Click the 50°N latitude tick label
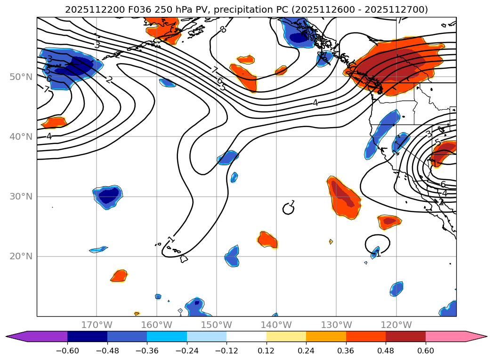pos(21,77)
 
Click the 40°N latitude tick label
pos(21,136)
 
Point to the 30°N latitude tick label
pos(21,197)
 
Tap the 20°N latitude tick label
pos(21,256)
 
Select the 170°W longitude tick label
pos(97,325)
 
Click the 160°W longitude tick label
pos(156,325)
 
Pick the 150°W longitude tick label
pos(217,325)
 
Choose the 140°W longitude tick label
pos(276,325)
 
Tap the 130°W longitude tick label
pos(336,325)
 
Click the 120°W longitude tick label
pos(396,325)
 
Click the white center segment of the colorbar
pos(246,336)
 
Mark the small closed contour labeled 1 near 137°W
pos(288,208)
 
